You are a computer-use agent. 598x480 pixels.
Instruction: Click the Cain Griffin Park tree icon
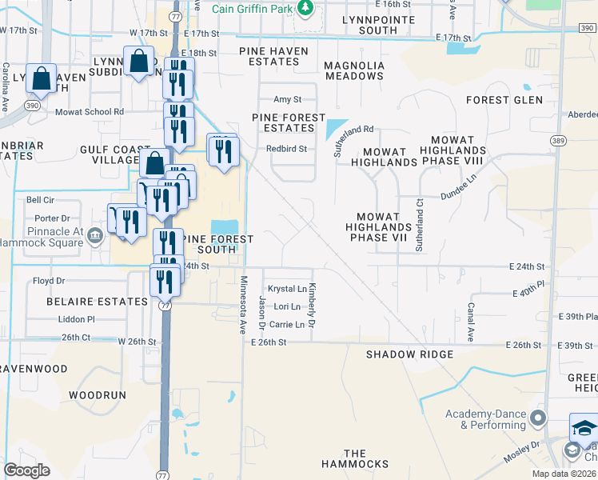[304, 8]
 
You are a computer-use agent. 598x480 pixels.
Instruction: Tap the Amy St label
[287, 99]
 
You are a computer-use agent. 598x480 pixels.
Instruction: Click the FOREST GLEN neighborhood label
[504, 100]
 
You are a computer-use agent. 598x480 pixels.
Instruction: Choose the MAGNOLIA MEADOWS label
[354, 70]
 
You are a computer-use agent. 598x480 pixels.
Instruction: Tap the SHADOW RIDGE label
[409, 354]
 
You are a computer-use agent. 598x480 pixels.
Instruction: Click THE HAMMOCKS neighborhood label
[355, 458]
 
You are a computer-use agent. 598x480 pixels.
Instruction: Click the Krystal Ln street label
[287, 289]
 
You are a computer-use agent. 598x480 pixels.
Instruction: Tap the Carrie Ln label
[287, 325]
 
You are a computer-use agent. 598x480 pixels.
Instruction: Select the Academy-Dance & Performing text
[486, 419]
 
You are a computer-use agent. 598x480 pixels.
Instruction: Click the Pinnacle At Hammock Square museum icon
[95, 234]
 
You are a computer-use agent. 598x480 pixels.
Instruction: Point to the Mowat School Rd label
[90, 113]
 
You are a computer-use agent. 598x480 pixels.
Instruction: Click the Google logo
[26, 470]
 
